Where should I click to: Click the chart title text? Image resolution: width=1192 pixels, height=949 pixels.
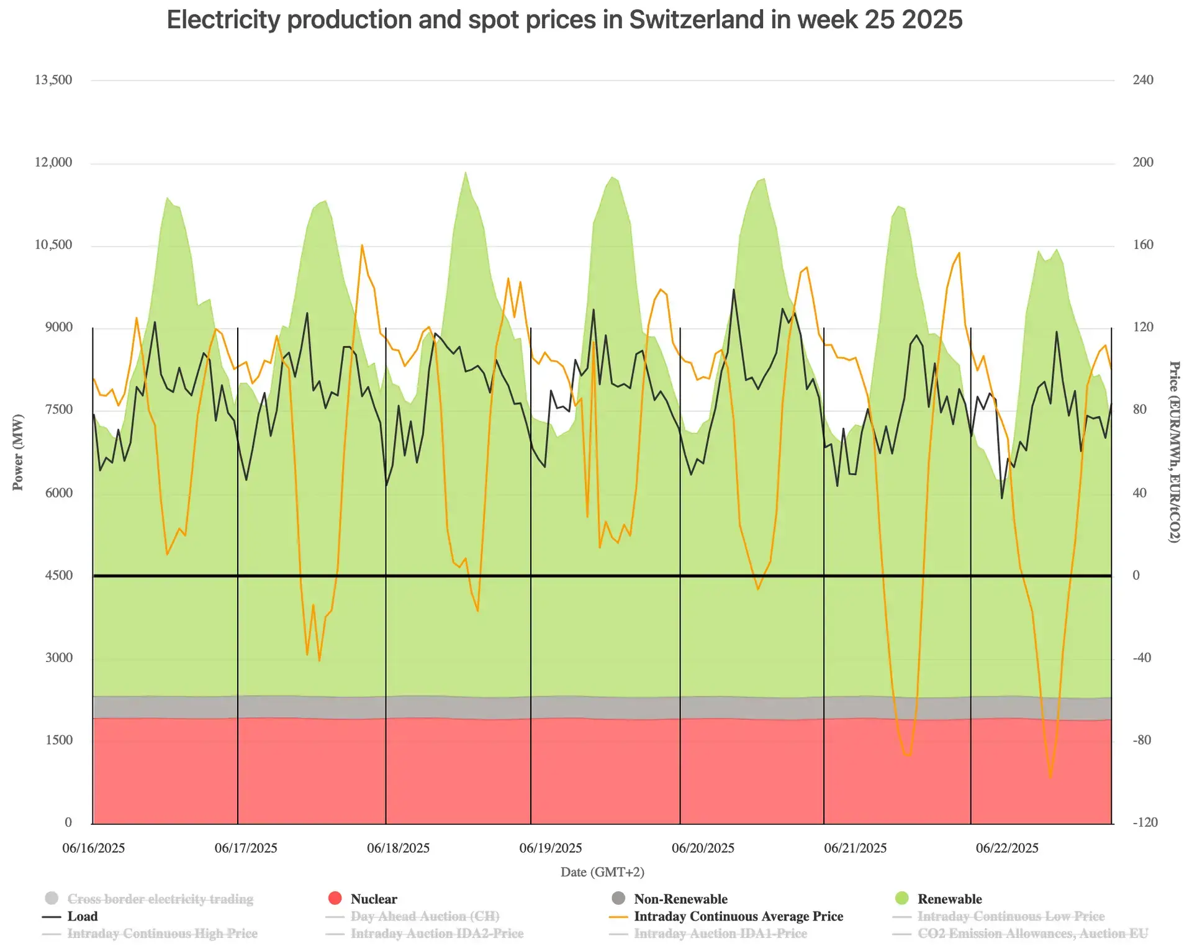(x=564, y=20)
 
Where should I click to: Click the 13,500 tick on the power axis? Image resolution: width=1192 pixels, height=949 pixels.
(x=53, y=80)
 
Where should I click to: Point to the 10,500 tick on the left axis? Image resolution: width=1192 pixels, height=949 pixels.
(x=53, y=245)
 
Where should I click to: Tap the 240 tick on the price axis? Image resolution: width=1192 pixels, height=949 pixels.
(x=1143, y=80)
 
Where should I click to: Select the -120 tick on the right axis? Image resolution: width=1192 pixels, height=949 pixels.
(x=1145, y=822)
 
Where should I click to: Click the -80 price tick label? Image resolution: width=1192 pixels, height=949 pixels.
(x=1143, y=740)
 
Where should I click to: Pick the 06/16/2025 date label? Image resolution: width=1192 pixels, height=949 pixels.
(x=94, y=848)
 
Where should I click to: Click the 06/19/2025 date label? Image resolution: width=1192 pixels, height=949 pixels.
(x=551, y=848)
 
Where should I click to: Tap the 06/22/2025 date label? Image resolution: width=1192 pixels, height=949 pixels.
(x=1007, y=848)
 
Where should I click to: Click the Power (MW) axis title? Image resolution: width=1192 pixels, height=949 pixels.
(x=17, y=452)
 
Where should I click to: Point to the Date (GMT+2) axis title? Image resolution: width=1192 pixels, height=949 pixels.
(x=602, y=872)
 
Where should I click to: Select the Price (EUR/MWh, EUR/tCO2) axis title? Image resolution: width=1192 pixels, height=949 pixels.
(x=1174, y=452)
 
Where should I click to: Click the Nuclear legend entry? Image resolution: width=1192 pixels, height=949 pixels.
(x=363, y=899)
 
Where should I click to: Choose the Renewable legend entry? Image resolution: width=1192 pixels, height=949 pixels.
(x=939, y=899)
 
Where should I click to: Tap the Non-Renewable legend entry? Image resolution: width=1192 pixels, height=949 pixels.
(x=669, y=899)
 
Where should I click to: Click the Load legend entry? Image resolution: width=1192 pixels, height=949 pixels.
(x=70, y=916)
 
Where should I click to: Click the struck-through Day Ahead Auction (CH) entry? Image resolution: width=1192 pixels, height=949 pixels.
(x=412, y=916)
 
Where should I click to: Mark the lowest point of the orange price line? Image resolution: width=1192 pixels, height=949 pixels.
(x=1050, y=777)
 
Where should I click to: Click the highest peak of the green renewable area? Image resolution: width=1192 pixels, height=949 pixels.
(x=466, y=172)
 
